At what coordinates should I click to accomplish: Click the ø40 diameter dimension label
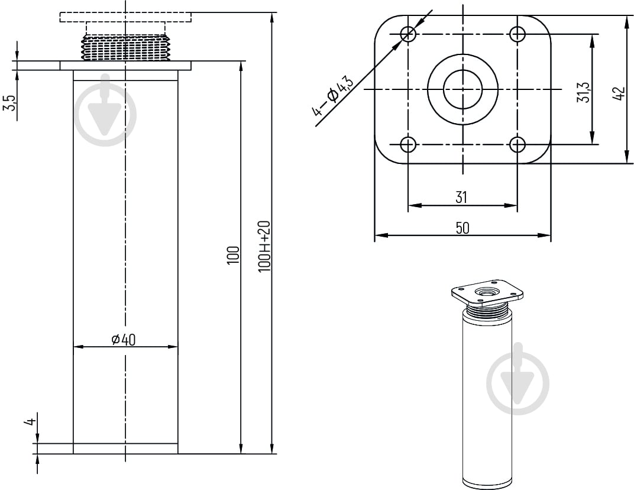(x=124, y=340)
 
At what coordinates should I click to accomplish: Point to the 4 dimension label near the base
(x=30, y=422)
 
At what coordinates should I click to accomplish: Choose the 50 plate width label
(x=462, y=228)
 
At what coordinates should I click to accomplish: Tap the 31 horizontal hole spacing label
(x=461, y=198)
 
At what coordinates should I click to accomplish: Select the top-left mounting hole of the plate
(x=409, y=34)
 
